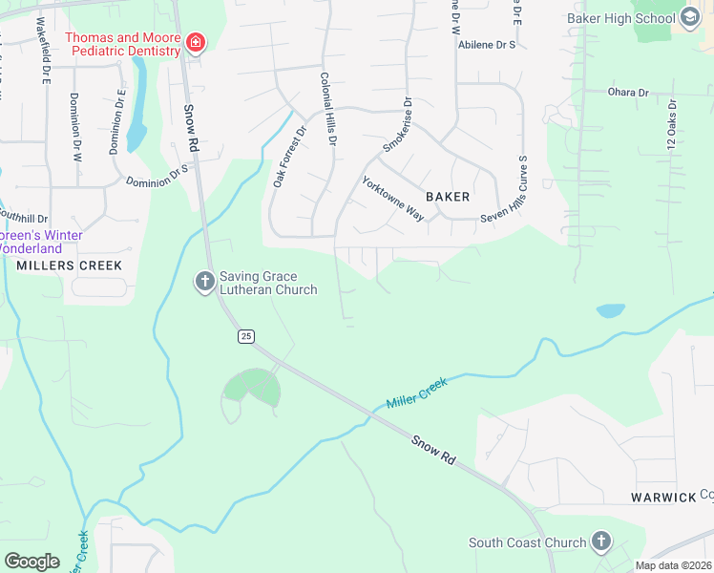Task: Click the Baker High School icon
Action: click(691, 18)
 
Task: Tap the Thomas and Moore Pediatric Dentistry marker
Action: click(196, 43)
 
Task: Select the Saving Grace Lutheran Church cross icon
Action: click(204, 282)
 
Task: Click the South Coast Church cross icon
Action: click(600, 542)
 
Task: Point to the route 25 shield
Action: click(246, 336)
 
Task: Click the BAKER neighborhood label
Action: click(448, 197)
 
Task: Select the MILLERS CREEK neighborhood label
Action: click(55, 265)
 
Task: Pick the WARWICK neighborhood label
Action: click(664, 498)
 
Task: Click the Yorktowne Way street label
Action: click(392, 199)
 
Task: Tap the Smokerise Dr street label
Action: click(397, 125)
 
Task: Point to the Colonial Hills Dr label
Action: click(329, 109)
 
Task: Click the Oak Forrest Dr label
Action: click(289, 157)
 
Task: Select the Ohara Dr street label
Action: click(628, 93)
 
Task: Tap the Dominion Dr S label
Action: click(157, 175)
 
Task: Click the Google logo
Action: click(31, 561)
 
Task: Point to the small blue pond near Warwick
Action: click(610, 310)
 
